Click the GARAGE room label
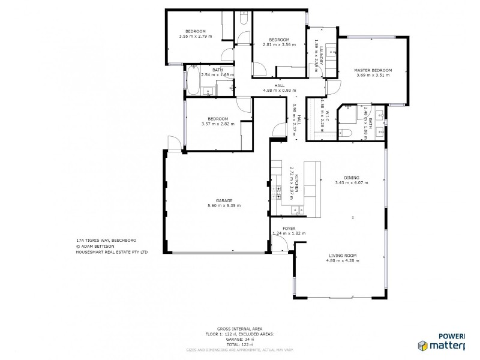click(x=215, y=200)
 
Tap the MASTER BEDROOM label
click(x=373, y=70)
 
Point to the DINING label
click(x=352, y=178)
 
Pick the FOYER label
click(x=289, y=228)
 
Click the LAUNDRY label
click(x=321, y=56)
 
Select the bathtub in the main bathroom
click(x=193, y=81)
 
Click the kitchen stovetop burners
click(x=278, y=191)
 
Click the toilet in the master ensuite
click(x=347, y=133)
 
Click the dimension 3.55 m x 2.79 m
click(x=195, y=37)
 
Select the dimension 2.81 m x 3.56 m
click(x=279, y=44)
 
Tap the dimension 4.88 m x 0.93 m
click(x=279, y=91)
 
